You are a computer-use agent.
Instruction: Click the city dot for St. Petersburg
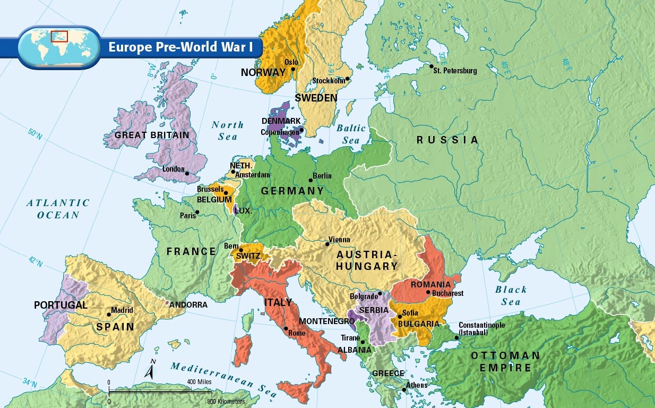(430, 66)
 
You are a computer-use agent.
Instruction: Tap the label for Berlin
(322, 176)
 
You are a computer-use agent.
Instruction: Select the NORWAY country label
(263, 73)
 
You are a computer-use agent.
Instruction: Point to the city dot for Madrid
(109, 314)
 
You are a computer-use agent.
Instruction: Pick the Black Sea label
(511, 295)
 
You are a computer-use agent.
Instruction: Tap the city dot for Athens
(404, 390)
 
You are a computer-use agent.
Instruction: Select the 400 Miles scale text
(199, 382)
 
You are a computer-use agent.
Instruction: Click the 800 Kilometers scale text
(226, 401)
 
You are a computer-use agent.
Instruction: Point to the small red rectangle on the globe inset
(59, 36)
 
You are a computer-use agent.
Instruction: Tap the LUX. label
(244, 210)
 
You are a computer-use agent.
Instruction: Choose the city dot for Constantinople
(456, 337)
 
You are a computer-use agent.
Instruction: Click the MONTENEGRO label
(326, 321)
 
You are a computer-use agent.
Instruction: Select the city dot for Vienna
(327, 244)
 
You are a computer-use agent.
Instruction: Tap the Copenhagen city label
(280, 132)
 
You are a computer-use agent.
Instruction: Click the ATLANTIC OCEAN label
(58, 209)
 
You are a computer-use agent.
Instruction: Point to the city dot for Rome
(286, 328)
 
